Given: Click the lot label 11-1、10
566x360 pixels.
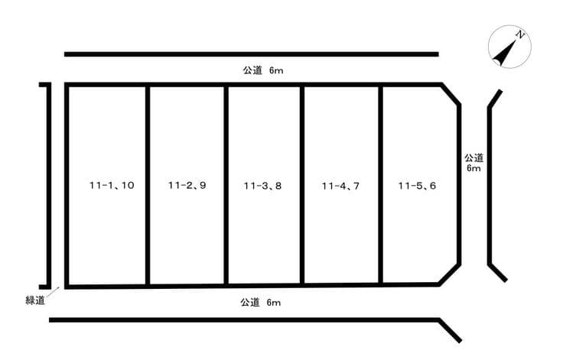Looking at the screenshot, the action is pyautogui.click(x=112, y=186).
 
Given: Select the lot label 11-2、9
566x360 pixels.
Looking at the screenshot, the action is pyautogui.click(x=187, y=186).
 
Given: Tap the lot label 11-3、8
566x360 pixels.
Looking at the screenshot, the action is pyautogui.click(x=262, y=186).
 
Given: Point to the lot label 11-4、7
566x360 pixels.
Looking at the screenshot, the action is pyautogui.click(x=340, y=186).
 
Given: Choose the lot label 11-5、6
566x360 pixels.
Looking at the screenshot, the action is pyautogui.click(x=417, y=186).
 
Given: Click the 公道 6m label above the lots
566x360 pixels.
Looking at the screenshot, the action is pyautogui.click(x=263, y=70).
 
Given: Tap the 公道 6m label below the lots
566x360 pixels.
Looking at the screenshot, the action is pyautogui.click(x=261, y=302).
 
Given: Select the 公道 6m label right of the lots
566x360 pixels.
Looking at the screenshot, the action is pyautogui.click(x=473, y=163).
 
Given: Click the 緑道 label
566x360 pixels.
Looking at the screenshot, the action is pyautogui.click(x=35, y=300).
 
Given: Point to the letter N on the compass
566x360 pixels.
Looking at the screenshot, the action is pyautogui.click(x=520, y=35).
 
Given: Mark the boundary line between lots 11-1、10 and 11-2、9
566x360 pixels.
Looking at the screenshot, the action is pyautogui.click(x=148, y=186).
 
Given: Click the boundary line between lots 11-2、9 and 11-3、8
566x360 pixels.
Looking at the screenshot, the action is pyautogui.click(x=226, y=186).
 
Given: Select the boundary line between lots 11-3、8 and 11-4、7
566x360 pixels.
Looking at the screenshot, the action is pyautogui.click(x=302, y=185).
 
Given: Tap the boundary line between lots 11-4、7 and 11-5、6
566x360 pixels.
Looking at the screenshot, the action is pyautogui.click(x=380, y=185).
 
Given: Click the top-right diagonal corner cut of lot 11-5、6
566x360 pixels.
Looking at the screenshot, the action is pyautogui.click(x=451, y=95).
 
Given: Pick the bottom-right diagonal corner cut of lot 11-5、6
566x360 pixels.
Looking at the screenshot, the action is pyautogui.click(x=450, y=274).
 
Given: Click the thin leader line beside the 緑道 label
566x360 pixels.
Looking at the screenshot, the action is pyautogui.click(x=53, y=292).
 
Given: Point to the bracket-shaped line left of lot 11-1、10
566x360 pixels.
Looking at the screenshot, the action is pyautogui.click(x=49, y=186).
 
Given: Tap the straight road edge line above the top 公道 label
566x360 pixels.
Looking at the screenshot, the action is pyautogui.click(x=252, y=54).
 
